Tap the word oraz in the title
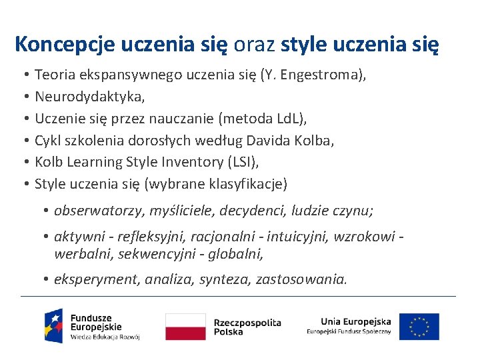tap(254, 45)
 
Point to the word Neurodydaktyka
tap(89, 97)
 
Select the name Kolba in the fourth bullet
tap(316, 141)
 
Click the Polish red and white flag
tap(185, 327)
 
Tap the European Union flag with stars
tap(419, 327)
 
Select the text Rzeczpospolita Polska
tap(247, 327)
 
